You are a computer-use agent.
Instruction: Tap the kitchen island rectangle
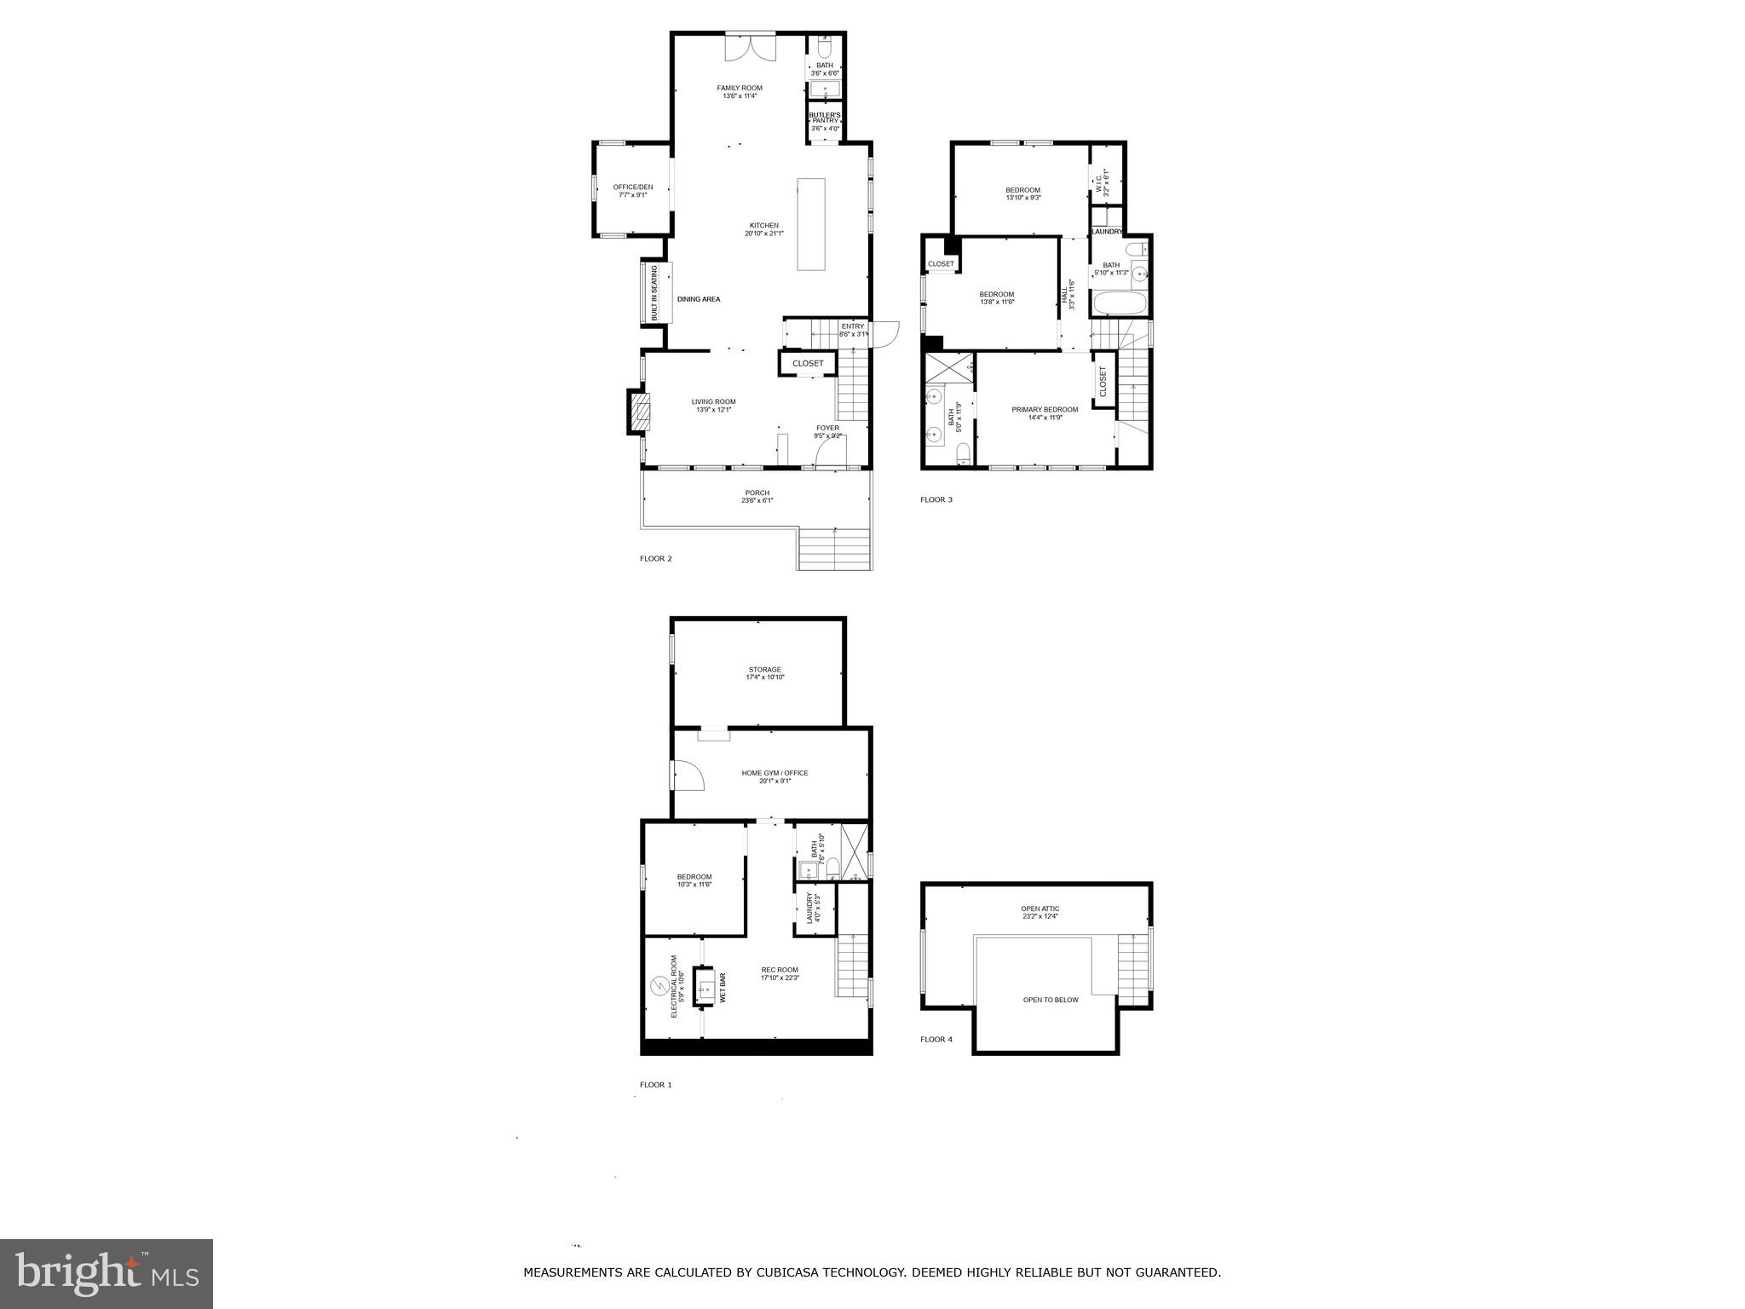[811, 224]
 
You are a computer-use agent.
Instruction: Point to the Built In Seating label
[655, 293]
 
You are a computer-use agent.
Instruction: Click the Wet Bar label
[723, 988]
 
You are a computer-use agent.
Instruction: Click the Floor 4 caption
[936, 1039]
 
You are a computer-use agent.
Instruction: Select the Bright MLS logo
[107, 1273]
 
